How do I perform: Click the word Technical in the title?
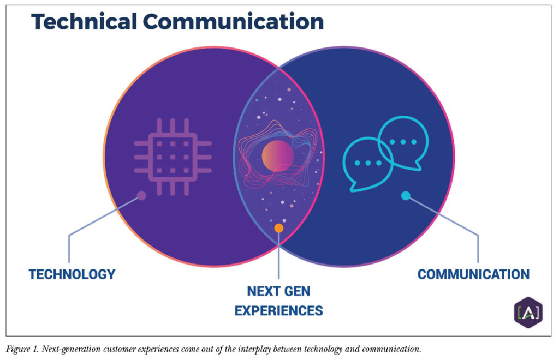[x=84, y=22]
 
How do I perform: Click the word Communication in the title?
[x=234, y=22]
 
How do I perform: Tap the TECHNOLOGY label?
[x=72, y=274]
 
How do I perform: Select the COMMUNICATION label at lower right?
[x=473, y=274]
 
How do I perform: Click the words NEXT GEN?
[x=279, y=291]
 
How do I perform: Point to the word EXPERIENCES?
[x=279, y=311]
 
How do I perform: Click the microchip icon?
[x=173, y=157]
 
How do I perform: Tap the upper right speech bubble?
[x=403, y=143]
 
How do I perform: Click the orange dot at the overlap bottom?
[x=279, y=228]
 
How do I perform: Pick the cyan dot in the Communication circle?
[x=406, y=195]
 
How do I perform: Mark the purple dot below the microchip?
[x=141, y=195]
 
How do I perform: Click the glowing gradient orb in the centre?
[x=278, y=156]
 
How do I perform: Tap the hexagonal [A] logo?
[x=528, y=313]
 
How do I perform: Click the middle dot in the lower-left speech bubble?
[x=368, y=163]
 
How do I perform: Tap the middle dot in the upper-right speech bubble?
[x=403, y=142]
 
